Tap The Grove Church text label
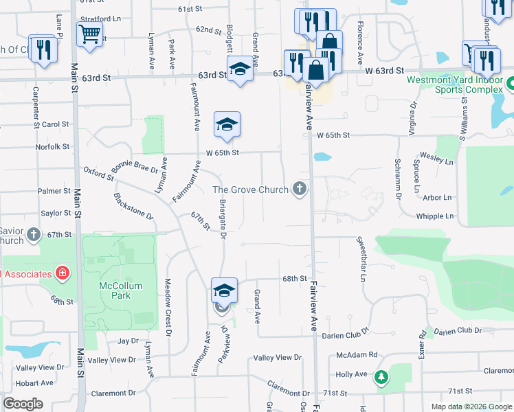tap(250, 189)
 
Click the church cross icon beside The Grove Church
tap(299, 188)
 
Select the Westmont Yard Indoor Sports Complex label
tap(455, 84)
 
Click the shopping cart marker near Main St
tap(90, 33)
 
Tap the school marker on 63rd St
tap(240, 69)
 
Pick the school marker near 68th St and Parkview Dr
tap(224, 290)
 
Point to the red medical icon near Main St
tap(63, 273)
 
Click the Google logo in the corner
tap(23, 404)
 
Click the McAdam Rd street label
tap(357, 355)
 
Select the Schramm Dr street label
tap(398, 178)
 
